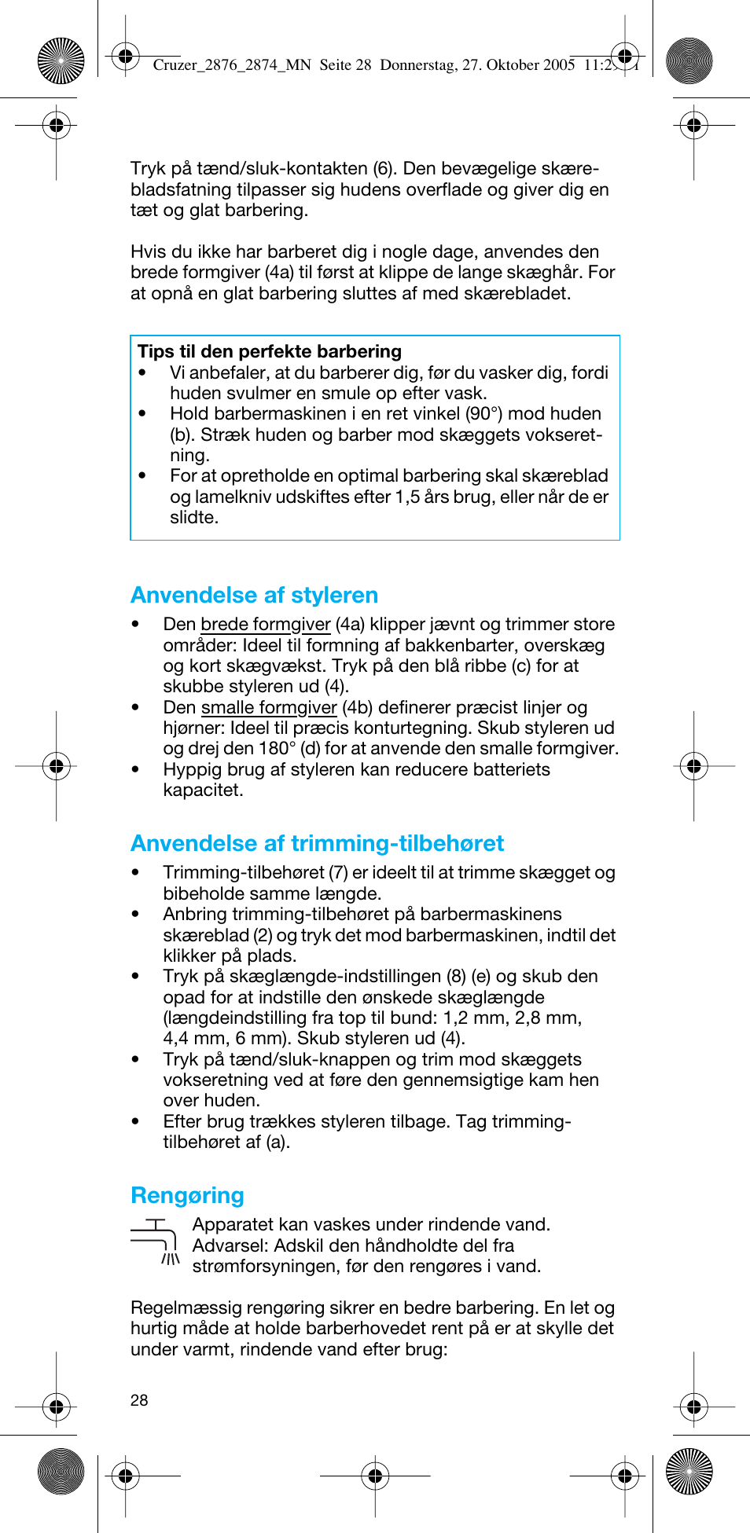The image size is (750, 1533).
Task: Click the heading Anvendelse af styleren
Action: tap(254, 595)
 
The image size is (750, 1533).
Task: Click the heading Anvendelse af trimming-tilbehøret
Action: tap(317, 843)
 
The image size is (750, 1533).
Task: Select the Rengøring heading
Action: tap(187, 1195)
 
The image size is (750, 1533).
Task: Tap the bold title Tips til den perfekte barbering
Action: tap(269, 351)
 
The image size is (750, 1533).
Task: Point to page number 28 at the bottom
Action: tap(139, 1400)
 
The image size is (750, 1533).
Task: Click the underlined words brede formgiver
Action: tap(265, 625)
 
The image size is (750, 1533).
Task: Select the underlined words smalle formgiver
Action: tap(268, 708)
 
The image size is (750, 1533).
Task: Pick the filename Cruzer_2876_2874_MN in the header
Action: tap(232, 65)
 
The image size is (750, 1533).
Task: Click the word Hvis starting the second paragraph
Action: tap(148, 251)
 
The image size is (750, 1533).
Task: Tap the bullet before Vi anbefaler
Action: tap(142, 373)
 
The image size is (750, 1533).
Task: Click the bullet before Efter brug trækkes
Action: tap(136, 1122)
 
